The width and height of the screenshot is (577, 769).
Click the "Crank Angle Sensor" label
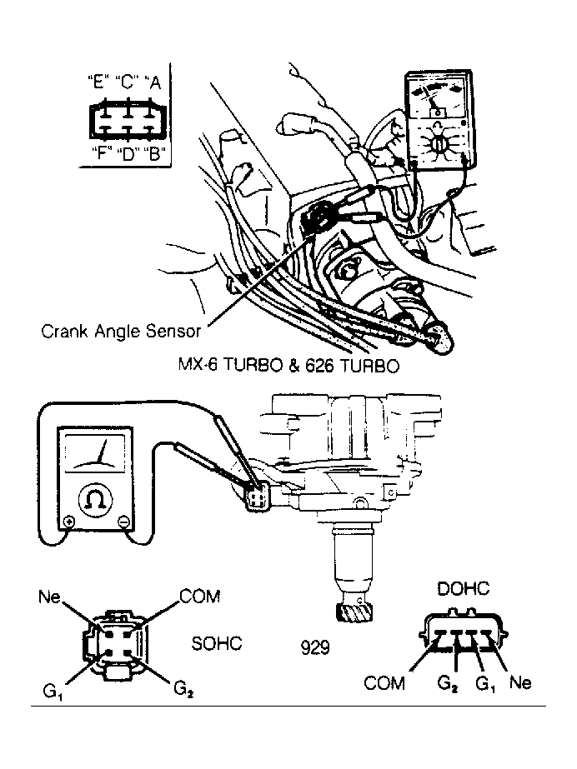coord(121,331)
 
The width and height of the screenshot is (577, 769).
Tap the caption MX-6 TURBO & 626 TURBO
coord(289,366)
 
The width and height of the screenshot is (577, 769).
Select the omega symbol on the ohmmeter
coord(96,499)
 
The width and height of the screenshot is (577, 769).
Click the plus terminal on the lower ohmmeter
coord(68,522)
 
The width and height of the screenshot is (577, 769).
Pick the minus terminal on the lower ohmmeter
coord(123,522)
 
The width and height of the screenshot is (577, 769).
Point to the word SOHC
coord(217,643)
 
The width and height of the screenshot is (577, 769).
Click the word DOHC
coord(463,588)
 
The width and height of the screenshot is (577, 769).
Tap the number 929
coord(315,648)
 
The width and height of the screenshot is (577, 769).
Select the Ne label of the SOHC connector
coord(49,597)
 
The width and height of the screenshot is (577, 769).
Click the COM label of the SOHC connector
coord(199,597)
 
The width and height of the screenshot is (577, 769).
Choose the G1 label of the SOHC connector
coord(53,692)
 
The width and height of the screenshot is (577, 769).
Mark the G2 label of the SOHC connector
coord(183,688)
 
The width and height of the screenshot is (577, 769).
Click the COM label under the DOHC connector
coord(384,682)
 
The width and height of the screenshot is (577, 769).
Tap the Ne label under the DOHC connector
coord(520,682)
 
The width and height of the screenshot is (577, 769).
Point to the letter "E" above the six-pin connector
coord(98,82)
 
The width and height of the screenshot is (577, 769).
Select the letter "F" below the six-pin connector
coord(102,153)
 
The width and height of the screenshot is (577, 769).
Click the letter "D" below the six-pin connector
coord(128,153)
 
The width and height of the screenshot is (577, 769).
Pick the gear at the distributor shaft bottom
coord(354,611)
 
